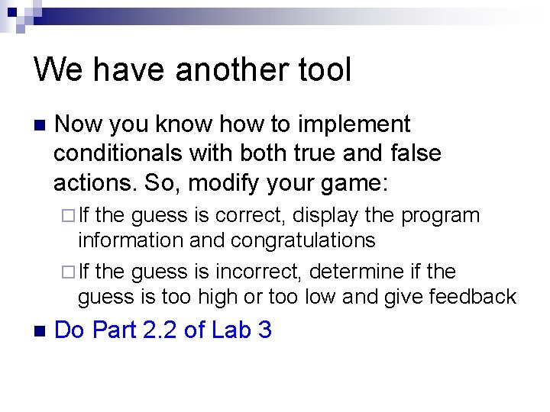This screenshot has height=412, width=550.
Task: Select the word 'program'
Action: [x=441, y=216]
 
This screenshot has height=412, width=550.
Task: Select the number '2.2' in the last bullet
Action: [x=160, y=330]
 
